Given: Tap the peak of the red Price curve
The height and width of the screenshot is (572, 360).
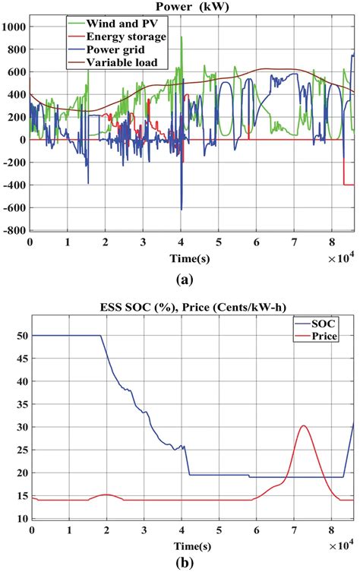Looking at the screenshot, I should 304,425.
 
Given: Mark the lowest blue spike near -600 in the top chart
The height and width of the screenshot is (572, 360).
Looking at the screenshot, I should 182,209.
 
